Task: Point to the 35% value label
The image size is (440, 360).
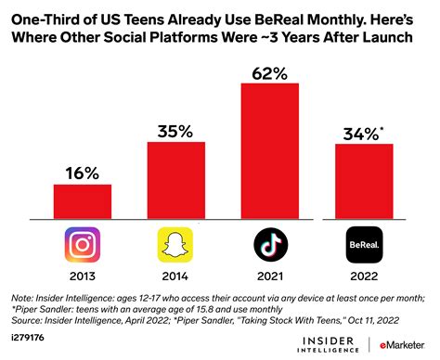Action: (175, 129)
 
